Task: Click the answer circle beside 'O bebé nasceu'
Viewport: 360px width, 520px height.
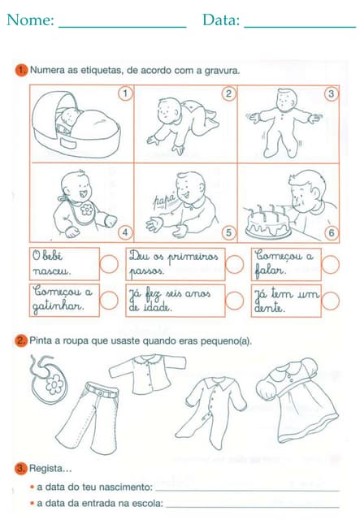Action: pos(109,264)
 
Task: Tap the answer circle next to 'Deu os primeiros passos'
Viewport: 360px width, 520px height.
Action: pos(234,264)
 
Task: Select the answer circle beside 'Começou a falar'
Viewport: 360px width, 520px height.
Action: pos(331,264)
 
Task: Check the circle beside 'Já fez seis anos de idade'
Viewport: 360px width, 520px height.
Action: pos(234,300)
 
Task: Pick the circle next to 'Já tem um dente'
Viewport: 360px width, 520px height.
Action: pos(331,300)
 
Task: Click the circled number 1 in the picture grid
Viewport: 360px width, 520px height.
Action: pos(124,93)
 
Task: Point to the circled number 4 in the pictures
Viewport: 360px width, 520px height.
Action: pos(124,232)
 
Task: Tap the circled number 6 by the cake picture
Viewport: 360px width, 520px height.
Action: pos(331,232)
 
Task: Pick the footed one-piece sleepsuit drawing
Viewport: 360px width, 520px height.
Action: pos(215,406)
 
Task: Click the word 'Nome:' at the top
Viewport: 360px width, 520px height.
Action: pos(31,20)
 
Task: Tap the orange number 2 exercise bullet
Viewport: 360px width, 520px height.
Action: pos(21,340)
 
